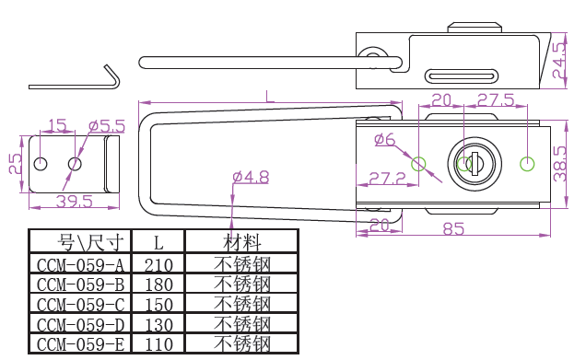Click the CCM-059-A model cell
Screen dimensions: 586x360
(x=80, y=265)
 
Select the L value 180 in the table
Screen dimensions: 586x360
(x=158, y=285)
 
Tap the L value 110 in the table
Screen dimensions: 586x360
(x=158, y=344)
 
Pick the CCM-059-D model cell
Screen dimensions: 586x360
(x=80, y=324)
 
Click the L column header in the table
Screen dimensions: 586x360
(x=158, y=243)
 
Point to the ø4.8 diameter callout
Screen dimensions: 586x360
(x=251, y=177)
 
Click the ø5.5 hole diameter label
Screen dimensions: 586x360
(x=107, y=126)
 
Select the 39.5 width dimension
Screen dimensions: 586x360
(x=74, y=202)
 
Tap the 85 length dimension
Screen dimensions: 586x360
(x=453, y=229)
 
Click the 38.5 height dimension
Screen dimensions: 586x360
(x=560, y=164)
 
